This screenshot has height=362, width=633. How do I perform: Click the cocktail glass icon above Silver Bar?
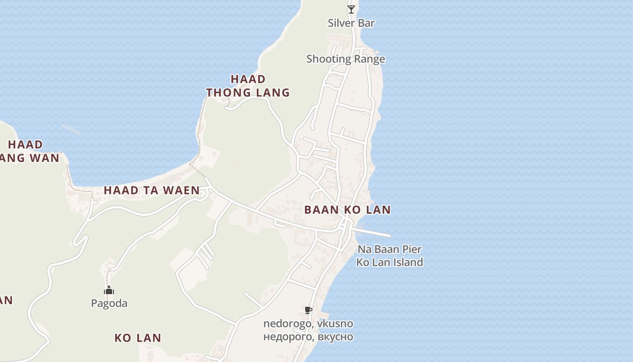pyautogui.click(x=351, y=9)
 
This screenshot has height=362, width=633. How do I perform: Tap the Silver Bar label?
pyautogui.click(x=351, y=23)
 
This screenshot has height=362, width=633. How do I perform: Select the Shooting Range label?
pyautogui.click(x=345, y=59)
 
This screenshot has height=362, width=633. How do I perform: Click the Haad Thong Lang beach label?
pyautogui.click(x=248, y=86)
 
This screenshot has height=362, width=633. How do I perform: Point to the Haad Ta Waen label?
pyautogui.click(x=151, y=191)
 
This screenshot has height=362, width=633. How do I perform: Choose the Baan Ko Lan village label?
pyautogui.click(x=347, y=210)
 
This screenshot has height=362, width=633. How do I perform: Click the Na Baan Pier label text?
pyautogui.click(x=389, y=249)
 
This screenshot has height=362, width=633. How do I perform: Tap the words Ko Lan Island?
pyautogui.click(x=389, y=262)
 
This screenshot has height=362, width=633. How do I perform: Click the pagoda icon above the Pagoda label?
pyautogui.click(x=109, y=290)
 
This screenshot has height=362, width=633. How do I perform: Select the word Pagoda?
pyautogui.click(x=109, y=303)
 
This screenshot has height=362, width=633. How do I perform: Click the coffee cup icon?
pyautogui.click(x=308, y=310)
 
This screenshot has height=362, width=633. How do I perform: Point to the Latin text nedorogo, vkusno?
pyautogui.click(x=308, y=324)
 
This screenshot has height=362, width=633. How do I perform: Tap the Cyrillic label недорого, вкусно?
pyautogui.click(x=308, y=337)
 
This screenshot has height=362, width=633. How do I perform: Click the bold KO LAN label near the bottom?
pyautogui.click(x=137, y=338)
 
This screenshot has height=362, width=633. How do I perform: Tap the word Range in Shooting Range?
pyautogui.click(x=369, y=59)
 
